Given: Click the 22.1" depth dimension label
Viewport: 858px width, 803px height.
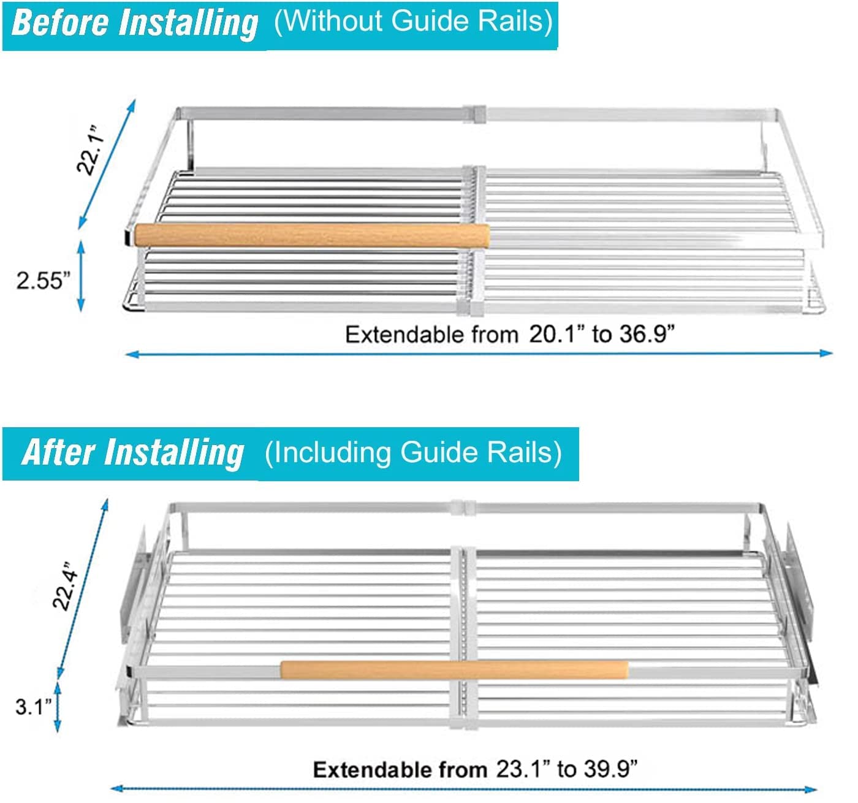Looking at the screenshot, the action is pyautogui.click(x=91, y=150).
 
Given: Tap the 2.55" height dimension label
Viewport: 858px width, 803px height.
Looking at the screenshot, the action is pyautogui.click(x=43, y=280).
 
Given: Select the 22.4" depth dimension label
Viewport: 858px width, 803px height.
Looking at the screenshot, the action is pyautogui.click(x=66, y=587).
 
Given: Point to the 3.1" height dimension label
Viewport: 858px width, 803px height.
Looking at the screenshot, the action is pyautogui.click(x=33, y=707).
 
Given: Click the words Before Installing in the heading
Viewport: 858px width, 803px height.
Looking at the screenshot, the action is pyautogui.click(x=134, y=24).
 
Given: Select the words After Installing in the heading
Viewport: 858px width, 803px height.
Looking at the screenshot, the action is pyautogui.click(x=132, y=452).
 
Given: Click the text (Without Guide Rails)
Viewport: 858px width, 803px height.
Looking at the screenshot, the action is pyautogui.click(x=414, y=21).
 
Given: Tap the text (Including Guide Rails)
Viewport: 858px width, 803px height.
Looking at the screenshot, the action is pyautogui.click(x=413, y=452).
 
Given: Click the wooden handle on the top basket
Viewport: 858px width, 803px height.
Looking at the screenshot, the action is pyautogui.click(x=312, y=235).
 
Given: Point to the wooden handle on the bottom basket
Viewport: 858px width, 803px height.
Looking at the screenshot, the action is pyautogui.click(x=454, y=669).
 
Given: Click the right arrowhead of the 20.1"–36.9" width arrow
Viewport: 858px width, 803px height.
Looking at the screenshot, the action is pyautogui.click(x=826, y=353).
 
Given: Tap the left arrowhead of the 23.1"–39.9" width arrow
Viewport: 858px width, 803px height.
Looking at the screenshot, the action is pyautogui.click(x=118, y=788).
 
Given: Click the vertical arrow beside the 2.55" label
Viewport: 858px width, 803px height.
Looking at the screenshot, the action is pyautogui.click(x=81, y=276).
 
